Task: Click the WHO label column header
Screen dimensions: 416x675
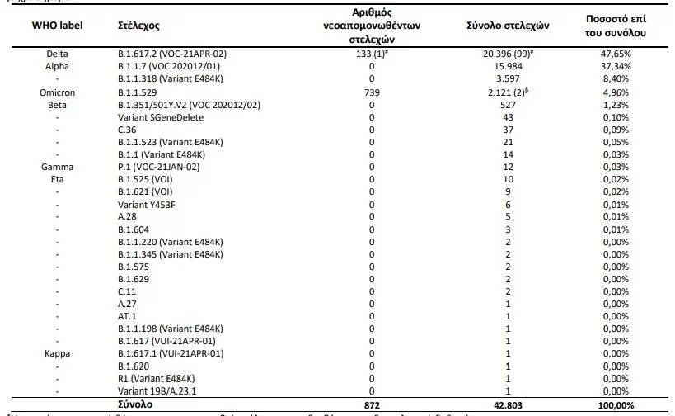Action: (x=57, y=26)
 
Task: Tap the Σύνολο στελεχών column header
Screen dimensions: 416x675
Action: (x=509, y=26)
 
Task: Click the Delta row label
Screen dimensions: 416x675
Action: (x=57, y=53)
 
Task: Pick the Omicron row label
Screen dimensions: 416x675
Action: (x=57, y=92)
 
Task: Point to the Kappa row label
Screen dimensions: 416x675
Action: (x=57, y=352)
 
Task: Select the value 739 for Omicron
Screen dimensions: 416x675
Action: (x=372, y=92)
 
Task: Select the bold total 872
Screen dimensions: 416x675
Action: (x=372, y=404)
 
